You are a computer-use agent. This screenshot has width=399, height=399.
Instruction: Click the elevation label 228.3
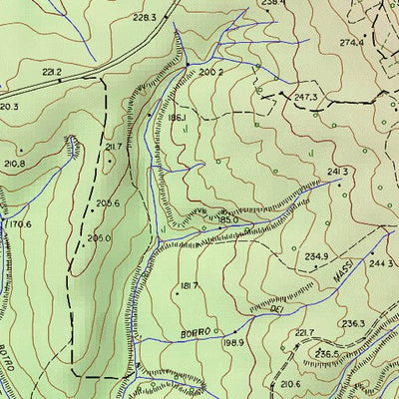tap(145, 18)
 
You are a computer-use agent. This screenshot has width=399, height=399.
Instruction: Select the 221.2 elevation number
tap(52, 72)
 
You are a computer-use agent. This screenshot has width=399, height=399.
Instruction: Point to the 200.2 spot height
tap(209, 73)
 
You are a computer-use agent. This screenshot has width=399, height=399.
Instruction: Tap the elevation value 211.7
tap(113, 147)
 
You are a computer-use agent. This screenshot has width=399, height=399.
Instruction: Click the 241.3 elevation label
tap(337, 172)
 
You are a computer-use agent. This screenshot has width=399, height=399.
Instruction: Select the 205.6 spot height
tap(108, 203)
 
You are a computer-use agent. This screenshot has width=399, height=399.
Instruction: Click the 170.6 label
tap(18, 224)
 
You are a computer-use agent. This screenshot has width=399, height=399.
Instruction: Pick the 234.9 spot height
tap(316, 256)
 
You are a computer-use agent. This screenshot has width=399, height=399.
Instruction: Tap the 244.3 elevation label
tap(381, 263)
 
